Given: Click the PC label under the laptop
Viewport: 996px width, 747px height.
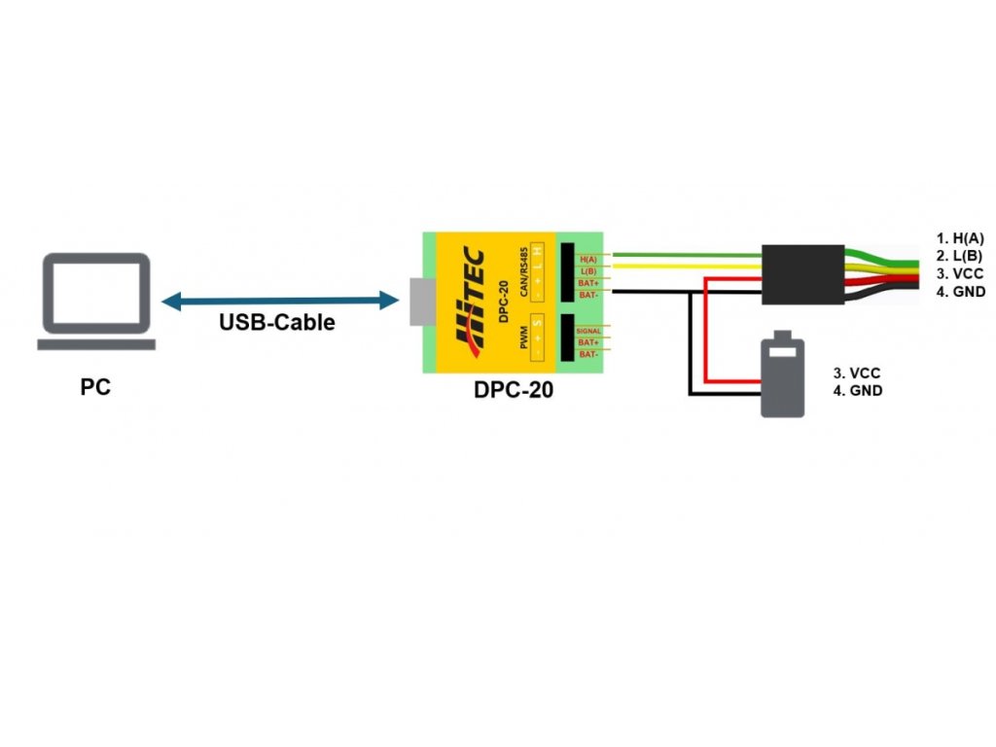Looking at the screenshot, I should [95, 387].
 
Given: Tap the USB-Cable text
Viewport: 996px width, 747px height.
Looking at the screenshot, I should [276, 323].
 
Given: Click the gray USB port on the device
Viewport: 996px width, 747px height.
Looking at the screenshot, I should [419, 302].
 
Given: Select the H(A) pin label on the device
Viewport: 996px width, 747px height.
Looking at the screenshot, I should [587, 259].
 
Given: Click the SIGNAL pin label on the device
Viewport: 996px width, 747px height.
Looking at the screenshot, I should [588, 332].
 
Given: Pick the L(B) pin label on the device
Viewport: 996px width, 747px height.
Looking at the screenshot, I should [587, 270].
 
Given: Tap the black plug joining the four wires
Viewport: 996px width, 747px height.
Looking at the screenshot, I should [802, 272].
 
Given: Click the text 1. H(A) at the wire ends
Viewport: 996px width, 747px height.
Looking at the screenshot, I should [961, 238].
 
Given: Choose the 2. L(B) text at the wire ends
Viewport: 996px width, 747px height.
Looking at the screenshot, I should [961, 256].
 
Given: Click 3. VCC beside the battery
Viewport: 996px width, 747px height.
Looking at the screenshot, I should [857, 373].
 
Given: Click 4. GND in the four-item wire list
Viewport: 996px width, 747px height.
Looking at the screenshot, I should [961, 292].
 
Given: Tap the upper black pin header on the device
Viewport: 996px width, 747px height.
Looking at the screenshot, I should [566, 271].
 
